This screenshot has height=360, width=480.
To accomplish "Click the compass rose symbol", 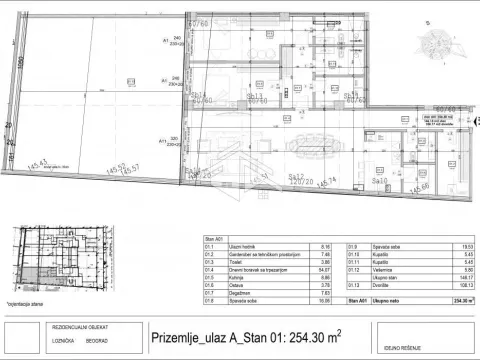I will pos(440,45).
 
